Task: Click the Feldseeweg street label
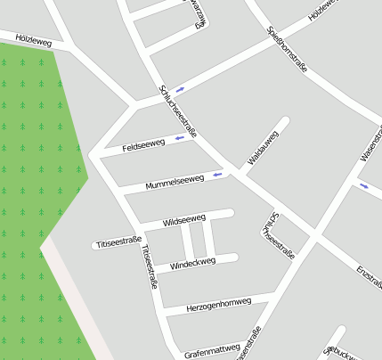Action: [143, 144]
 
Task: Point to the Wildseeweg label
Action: [184, 219]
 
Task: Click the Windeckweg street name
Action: [192, 264]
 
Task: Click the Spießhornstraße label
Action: [288, 49]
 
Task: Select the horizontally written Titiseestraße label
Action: [118, 242]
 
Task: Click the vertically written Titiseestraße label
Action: [148, 267]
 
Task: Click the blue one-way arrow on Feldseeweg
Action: [179, 138]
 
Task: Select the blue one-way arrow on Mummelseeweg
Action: [218, 175]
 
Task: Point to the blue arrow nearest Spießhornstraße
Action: [181, 89]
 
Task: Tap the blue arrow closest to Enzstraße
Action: [363, 186]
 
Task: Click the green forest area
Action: [36, 178]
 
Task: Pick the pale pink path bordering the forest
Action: [76, 303]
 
